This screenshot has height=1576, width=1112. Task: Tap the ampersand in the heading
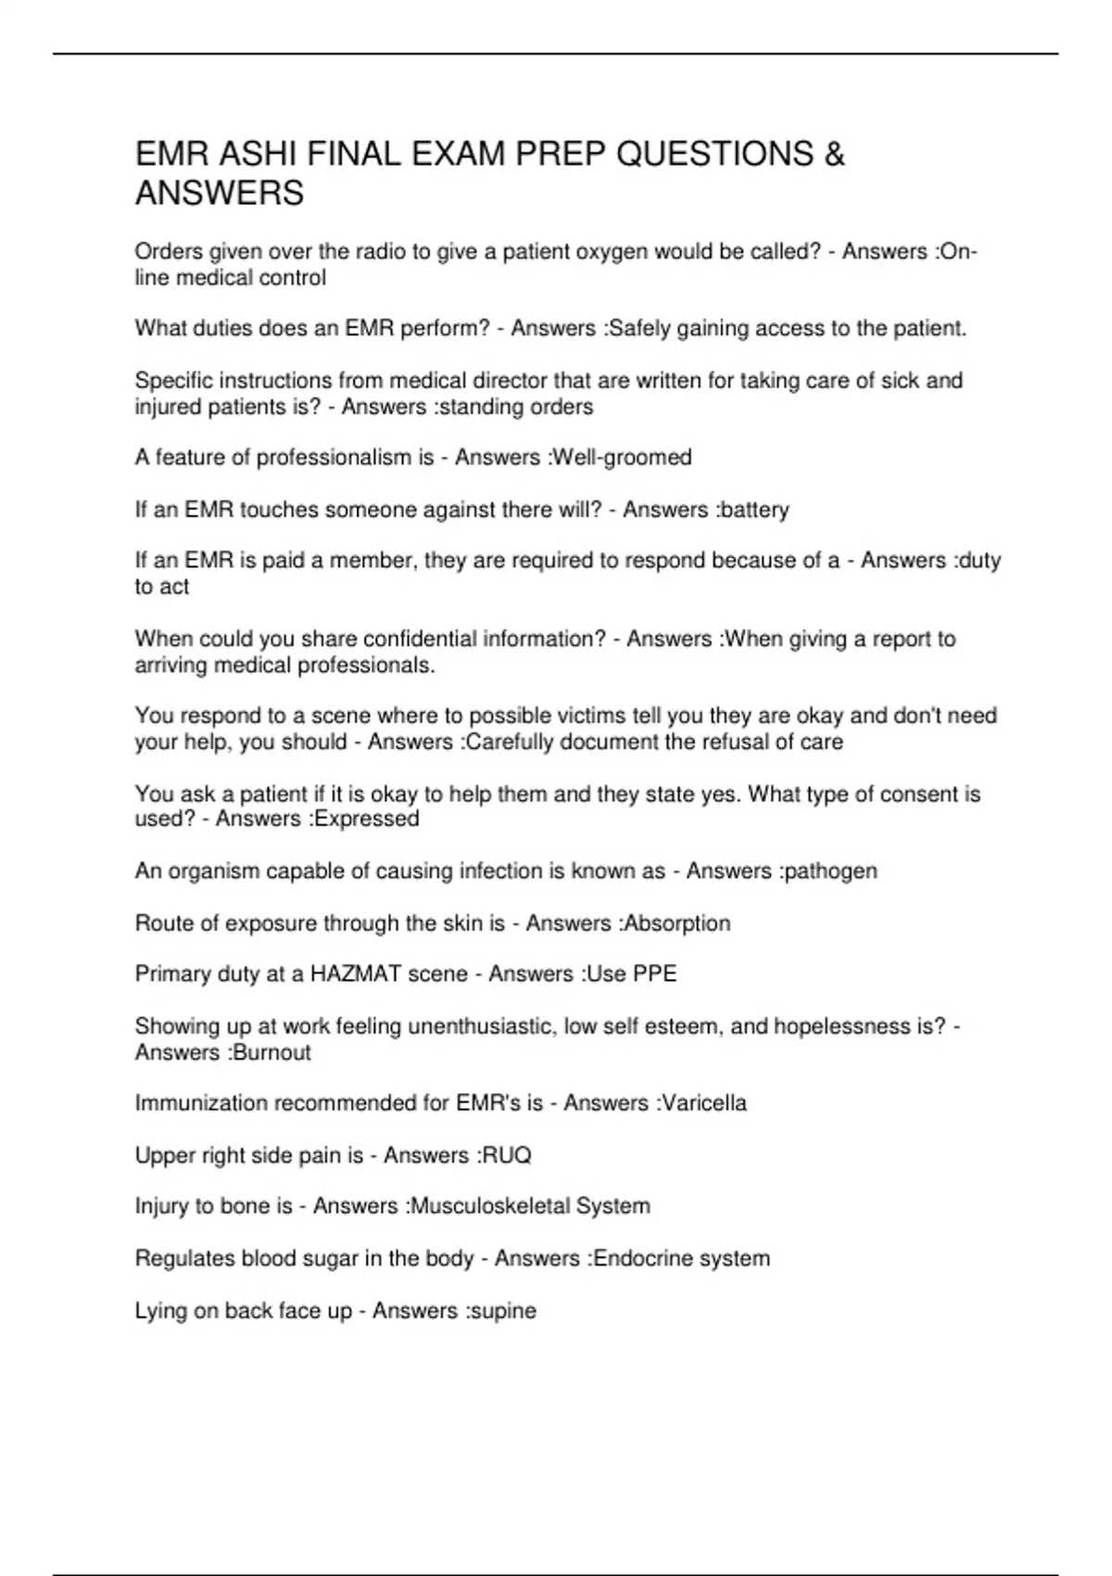[834, 154]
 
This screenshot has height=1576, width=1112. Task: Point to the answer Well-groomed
[622, 458]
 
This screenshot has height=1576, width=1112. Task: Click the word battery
[753, 510]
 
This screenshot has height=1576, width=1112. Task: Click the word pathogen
[830, 871]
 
